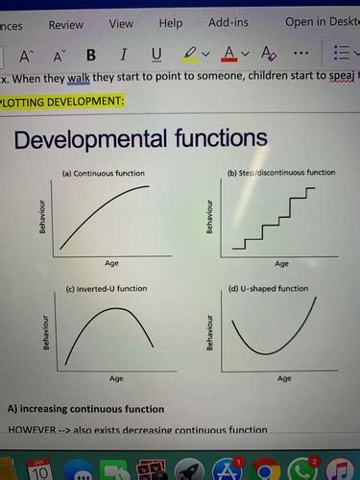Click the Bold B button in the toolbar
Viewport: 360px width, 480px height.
point(91,54)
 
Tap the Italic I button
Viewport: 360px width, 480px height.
point(124,54)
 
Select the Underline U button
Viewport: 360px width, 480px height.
point(156,54)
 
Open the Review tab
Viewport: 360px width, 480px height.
point(65,23)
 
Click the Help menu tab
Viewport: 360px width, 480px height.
point(170,23)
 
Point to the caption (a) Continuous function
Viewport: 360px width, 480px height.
point(103,174)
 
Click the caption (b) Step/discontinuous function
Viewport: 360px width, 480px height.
point(281,173)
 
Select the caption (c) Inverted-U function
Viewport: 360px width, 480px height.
point(107,287)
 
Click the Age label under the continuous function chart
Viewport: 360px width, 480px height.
point(112,262)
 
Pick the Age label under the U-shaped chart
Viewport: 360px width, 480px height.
point(285,378)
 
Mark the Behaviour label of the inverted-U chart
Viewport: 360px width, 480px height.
point(45,332)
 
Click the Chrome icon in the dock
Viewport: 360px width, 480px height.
point(268,469)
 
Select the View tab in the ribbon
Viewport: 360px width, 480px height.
point(121,23)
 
